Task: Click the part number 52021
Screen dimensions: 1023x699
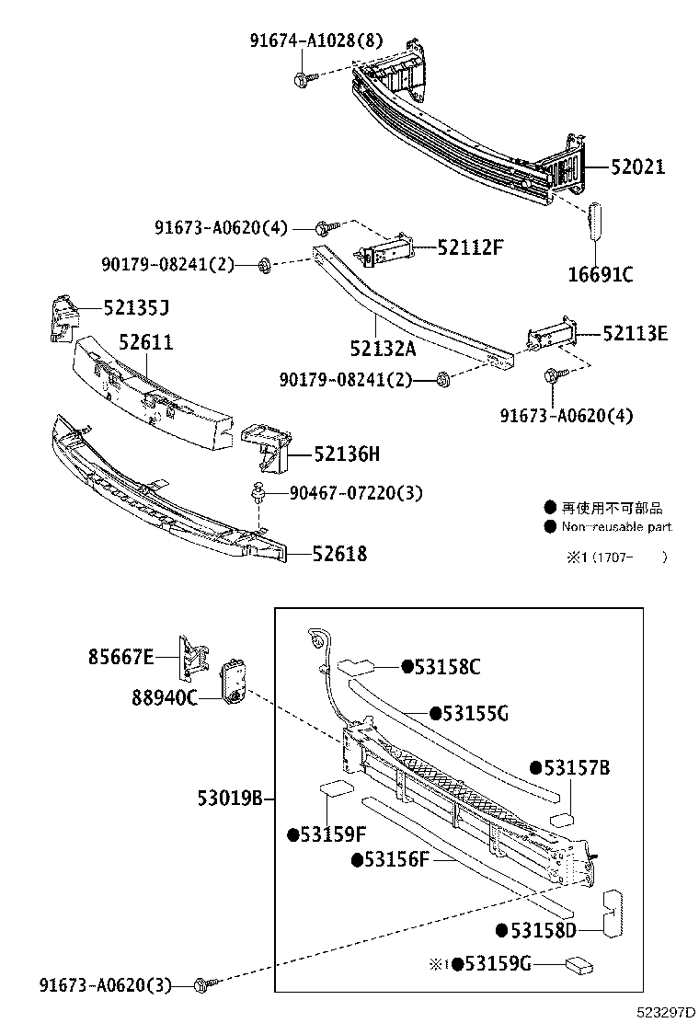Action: click(x=637, y=167)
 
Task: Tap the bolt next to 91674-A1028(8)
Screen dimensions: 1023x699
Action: click(x=304, y=79)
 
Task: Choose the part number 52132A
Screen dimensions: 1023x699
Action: click(x=382, y=349)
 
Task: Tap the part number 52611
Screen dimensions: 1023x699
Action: click(x=145, y=342)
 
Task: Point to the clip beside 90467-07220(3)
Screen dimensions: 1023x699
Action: click(x=258, y=494)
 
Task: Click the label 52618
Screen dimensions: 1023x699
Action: click(x=338, y=554)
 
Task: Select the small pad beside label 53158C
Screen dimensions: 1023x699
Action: click(x=354, y=666)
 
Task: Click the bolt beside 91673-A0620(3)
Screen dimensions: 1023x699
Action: click(x=205, y=985)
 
